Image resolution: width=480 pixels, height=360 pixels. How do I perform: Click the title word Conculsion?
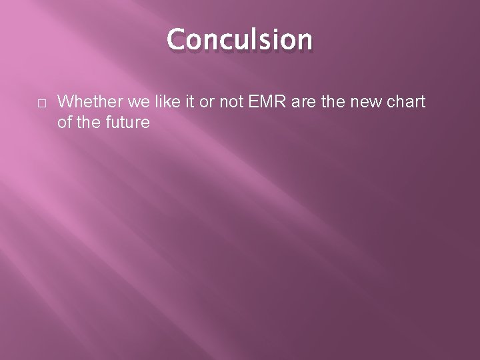pos(239,39)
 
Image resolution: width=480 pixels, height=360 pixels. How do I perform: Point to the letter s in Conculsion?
pos(264,41)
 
